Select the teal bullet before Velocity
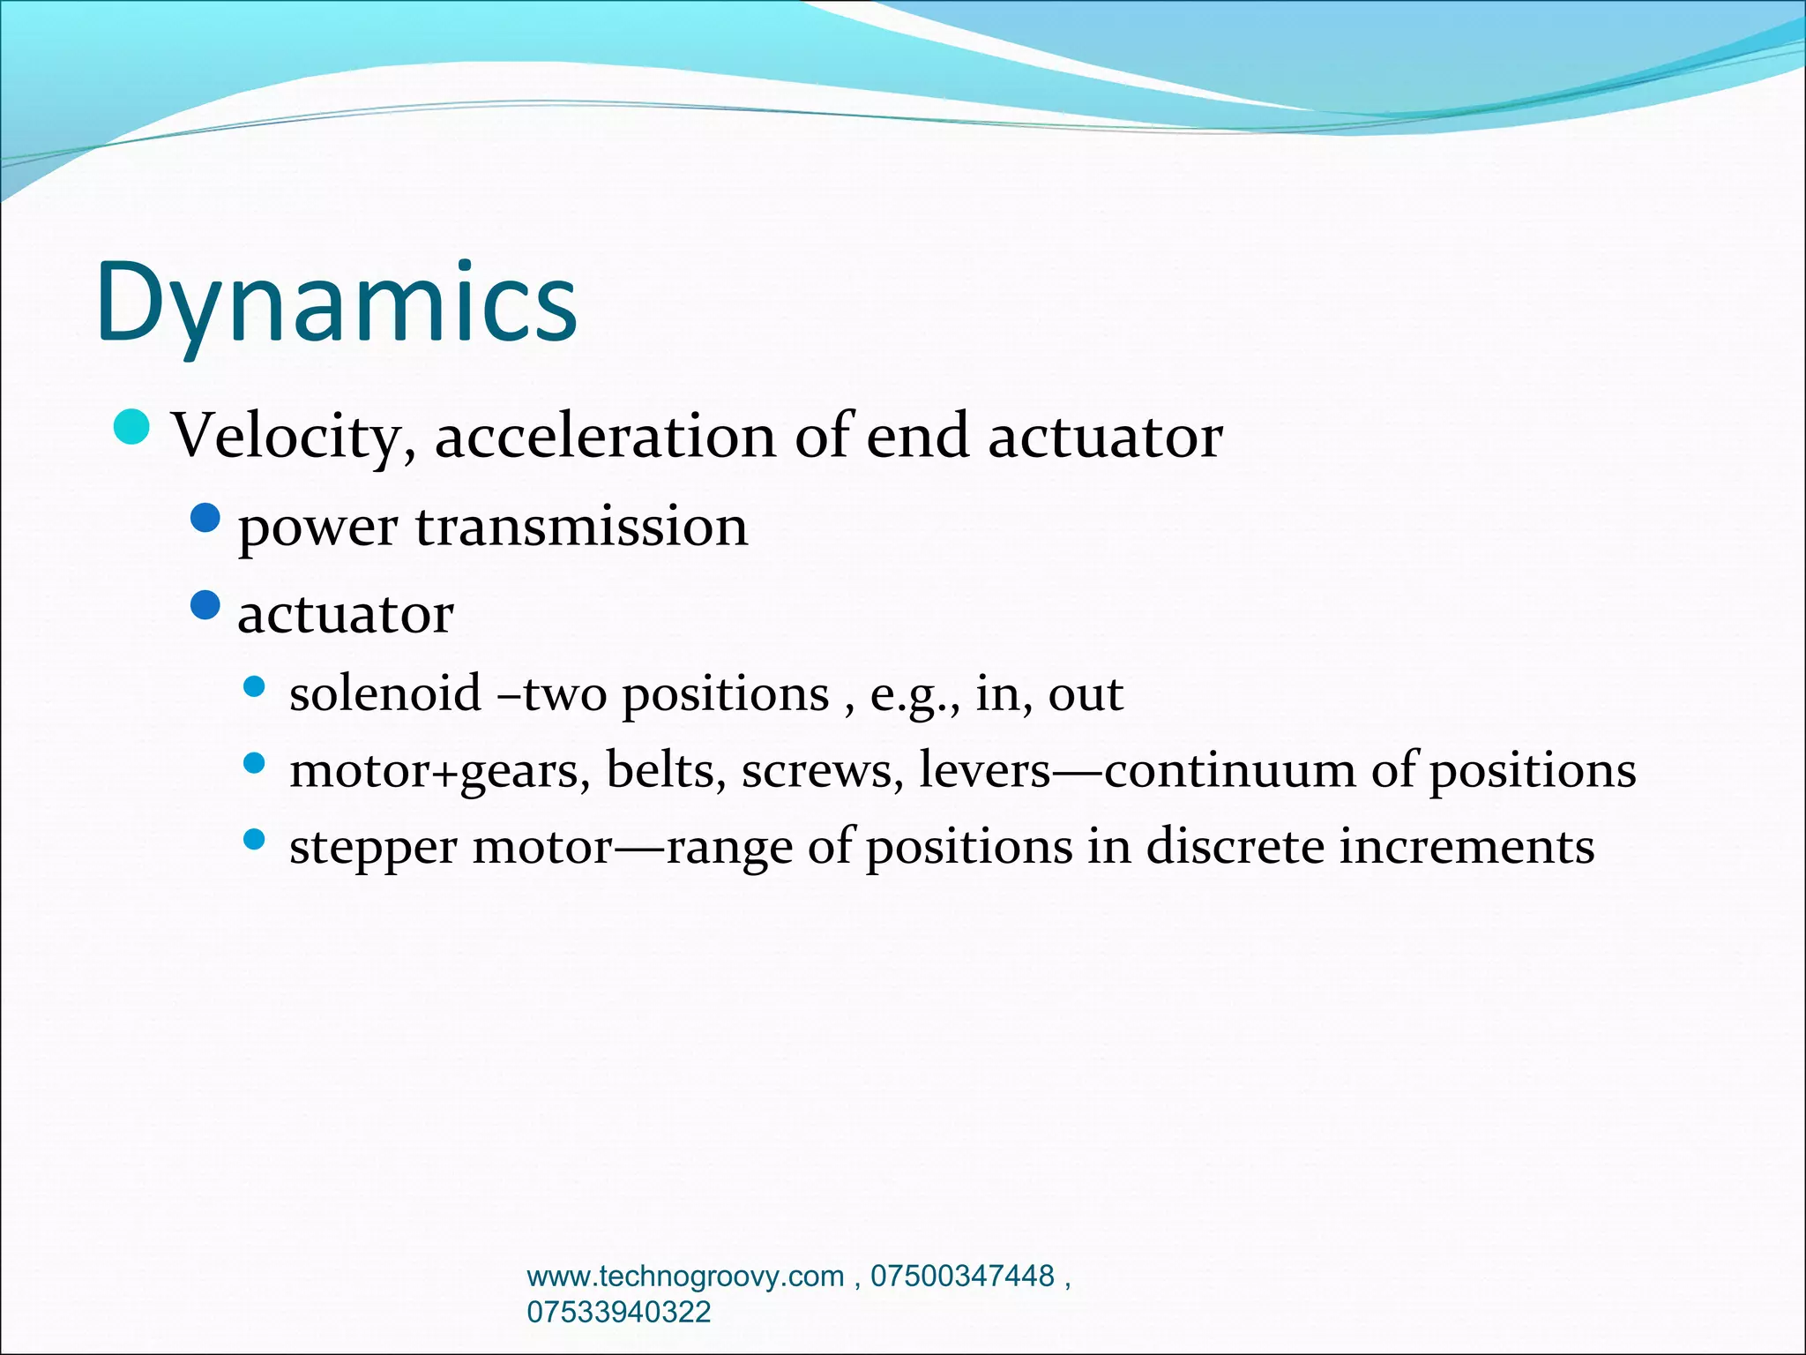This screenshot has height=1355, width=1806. (x=132, y=428)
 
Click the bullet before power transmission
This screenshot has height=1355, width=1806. (x=205, y=518)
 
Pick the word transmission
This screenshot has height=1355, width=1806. (x=581, y=527)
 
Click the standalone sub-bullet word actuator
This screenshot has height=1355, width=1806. (x=346, y=614)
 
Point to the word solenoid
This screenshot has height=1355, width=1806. (x=385, y=693)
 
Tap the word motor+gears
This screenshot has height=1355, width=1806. (x=439, y=771)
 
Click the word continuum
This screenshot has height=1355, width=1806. (x=1229, y=770)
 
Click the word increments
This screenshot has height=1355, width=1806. (x=1466, y=847)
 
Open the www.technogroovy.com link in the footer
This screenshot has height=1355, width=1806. (x=685, y=1276)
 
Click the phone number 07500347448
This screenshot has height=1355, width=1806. (x=962, y=1276)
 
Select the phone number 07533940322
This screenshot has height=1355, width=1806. (x=618, y=1312)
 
